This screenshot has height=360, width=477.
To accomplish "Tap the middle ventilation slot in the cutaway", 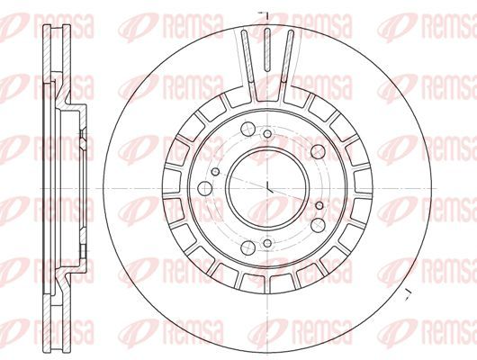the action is click(267, 49).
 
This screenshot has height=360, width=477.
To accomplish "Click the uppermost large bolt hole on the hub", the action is click(247, 129).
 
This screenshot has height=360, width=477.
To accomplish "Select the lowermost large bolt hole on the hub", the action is click(247, 247).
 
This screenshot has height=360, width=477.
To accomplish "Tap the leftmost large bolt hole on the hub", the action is click(204, 189).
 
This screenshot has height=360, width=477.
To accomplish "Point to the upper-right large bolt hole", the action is click(318, 151).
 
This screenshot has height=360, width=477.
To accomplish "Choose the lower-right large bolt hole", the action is click(318, 225).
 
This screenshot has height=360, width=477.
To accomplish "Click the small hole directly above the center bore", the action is click(267, 133).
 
